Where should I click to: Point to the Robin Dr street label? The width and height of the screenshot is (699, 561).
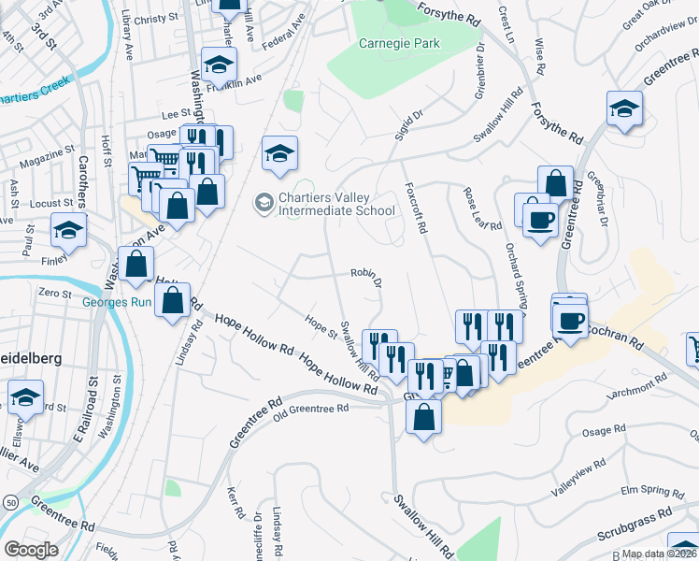366,274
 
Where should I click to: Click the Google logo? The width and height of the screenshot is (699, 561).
31,549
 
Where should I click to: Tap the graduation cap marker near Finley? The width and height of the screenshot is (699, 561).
69,229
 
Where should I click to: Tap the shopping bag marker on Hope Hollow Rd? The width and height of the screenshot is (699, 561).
172,301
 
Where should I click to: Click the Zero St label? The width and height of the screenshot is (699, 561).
55,294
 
